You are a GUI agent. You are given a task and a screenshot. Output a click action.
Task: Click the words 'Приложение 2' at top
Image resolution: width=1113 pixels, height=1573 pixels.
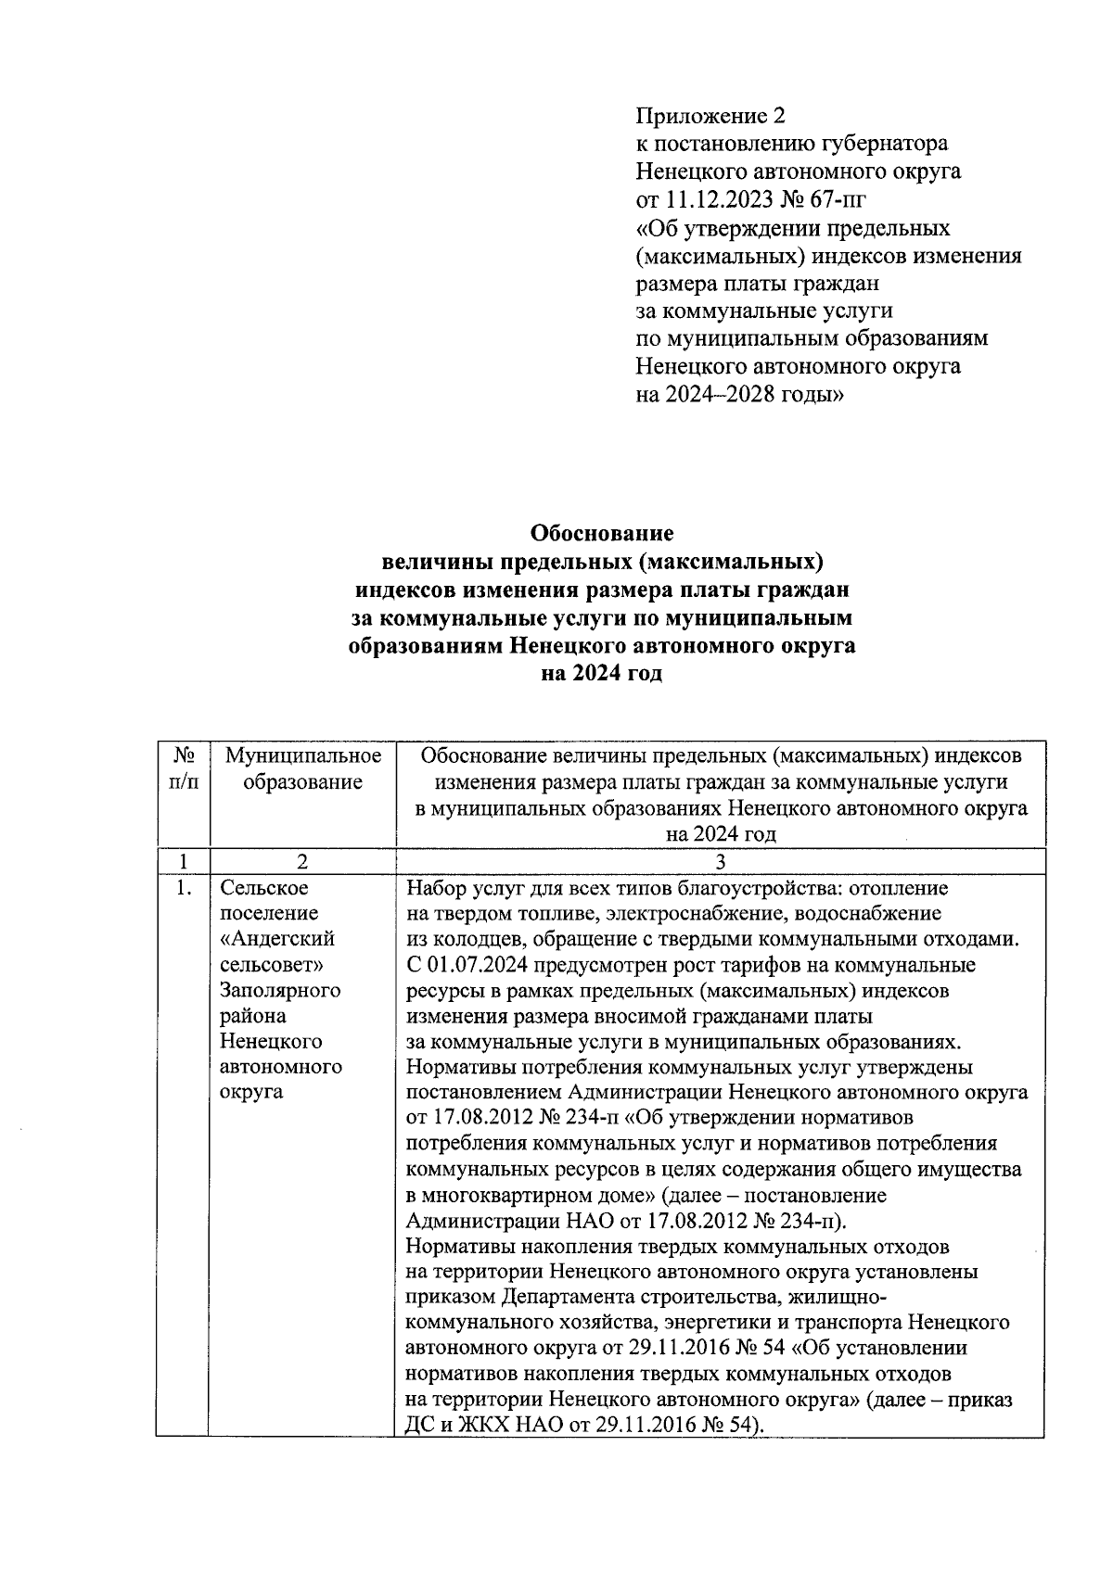pos(710,116)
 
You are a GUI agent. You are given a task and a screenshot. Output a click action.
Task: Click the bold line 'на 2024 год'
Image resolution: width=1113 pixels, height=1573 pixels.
pos(601,674)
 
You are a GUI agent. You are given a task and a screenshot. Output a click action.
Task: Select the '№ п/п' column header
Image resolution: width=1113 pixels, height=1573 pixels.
pos(184,769)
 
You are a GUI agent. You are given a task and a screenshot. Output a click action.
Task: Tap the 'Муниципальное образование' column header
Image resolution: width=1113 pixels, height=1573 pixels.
pos(302,769)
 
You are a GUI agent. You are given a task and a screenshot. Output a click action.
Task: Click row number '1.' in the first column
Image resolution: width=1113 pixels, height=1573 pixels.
pos(184,889)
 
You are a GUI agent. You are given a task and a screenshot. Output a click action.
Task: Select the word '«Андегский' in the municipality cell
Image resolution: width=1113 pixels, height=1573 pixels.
pos(277,939)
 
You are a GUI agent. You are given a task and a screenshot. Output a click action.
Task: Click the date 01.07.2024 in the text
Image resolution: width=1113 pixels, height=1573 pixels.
pos(475,965)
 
